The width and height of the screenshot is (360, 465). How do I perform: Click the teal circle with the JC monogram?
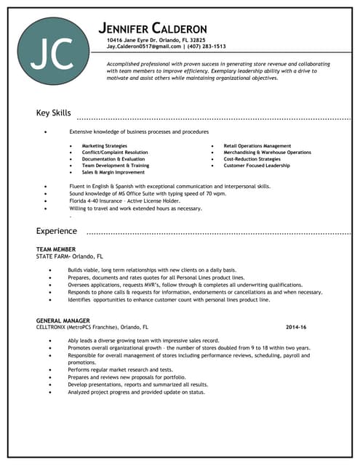click(x=55, y=51)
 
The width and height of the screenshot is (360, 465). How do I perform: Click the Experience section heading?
click(x=57, y=231)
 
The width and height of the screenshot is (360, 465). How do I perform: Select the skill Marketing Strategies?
click(x=105, y=146)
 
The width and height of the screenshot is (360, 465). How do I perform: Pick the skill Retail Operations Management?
click(x=257, y=146)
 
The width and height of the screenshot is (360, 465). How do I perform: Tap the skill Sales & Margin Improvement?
click(x=113, y=172)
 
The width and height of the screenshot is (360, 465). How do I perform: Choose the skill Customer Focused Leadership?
click(x=257, y=166)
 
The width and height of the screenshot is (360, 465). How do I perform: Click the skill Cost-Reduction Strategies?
click(x=252, y=159)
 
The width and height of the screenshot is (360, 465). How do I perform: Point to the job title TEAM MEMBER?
click(x=55, y=249)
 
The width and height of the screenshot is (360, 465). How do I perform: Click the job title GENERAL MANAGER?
click(x=63, y=320)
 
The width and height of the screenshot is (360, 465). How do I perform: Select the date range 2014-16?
click(x=296, y=327)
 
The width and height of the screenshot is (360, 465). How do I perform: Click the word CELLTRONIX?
click(x=52, y=327)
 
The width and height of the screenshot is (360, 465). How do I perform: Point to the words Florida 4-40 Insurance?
click(x=98, y=201)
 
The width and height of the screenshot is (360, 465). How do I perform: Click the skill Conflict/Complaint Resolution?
click(x=115, y=153)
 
